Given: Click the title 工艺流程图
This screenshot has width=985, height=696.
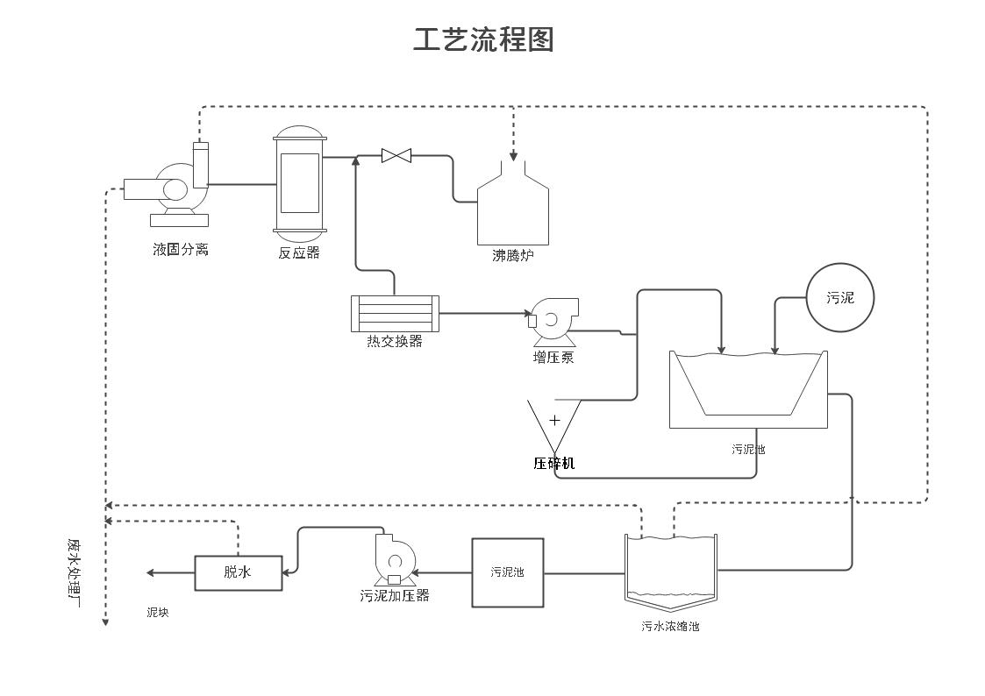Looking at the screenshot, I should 483,39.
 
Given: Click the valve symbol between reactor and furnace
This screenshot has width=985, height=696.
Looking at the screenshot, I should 396,156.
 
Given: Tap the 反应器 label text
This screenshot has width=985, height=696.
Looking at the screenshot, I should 299,253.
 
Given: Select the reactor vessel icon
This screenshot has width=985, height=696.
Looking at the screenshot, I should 299,183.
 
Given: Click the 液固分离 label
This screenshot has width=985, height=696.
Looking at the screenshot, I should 181,250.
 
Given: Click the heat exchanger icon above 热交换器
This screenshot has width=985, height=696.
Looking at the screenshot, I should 394,313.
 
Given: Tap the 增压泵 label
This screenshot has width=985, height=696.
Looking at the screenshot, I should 553,358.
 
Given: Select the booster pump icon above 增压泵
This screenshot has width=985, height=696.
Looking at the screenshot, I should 553,320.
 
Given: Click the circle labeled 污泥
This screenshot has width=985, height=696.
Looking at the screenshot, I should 839,298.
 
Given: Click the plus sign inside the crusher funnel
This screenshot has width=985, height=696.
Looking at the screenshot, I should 554,420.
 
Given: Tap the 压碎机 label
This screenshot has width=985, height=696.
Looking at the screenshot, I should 554,463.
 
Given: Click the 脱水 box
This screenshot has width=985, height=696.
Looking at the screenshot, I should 238,572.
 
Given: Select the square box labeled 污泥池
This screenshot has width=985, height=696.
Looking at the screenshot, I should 507,572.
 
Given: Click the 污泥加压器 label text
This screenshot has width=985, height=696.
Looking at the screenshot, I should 395,596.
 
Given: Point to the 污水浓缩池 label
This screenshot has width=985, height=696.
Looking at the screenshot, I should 670,627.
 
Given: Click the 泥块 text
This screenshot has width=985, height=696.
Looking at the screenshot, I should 158,613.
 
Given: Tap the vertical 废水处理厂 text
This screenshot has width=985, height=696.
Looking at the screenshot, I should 74,574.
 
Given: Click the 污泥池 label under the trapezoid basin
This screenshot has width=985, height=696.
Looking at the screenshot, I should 748,450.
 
